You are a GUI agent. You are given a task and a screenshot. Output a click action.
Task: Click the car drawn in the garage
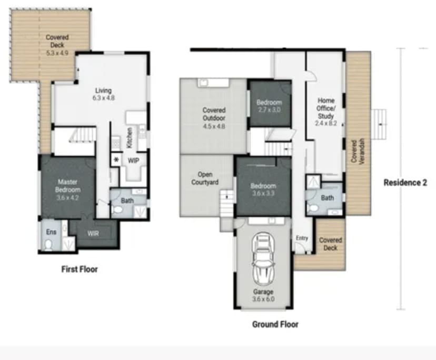tap(263, 258)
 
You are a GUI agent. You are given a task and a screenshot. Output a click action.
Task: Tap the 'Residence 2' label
tap(405, 183)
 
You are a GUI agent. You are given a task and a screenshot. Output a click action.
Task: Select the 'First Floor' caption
tap(79, 269)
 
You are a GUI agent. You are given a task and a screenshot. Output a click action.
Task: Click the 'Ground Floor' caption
tap(274, 324)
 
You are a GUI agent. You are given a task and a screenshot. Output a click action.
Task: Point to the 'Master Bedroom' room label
tap(68, 186)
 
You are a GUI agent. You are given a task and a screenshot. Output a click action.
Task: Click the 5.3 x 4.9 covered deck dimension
tap(57, 53)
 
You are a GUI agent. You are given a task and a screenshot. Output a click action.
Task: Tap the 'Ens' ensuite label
tap(51, 232)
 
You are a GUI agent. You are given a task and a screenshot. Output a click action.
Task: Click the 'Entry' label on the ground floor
tap(302, 238)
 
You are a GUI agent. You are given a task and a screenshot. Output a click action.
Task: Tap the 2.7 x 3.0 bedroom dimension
tap(269, 109)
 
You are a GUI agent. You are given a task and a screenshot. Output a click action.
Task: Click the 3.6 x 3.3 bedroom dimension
tap(263, 193)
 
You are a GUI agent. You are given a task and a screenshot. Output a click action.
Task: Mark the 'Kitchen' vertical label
tap(128, 138)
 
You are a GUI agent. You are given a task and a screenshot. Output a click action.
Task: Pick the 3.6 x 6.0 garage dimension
tap(263, 299)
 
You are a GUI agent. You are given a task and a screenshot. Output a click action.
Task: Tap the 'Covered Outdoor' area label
tap(214, 114)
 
